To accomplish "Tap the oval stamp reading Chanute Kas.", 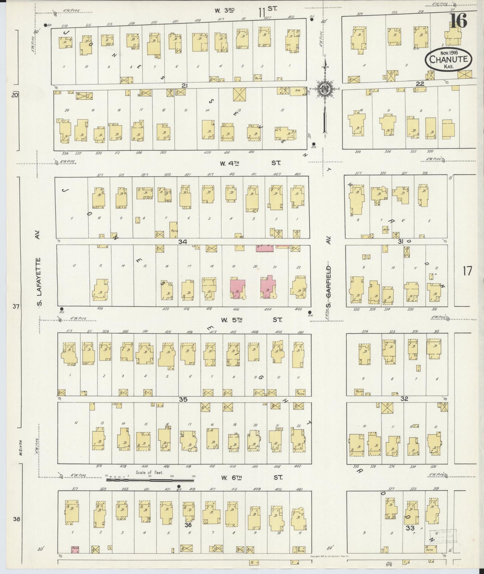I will (x=449, y=60).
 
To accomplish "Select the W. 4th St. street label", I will (x=250, y=163).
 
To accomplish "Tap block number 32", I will (x=404, y=399).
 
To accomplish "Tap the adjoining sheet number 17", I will (x=467, y=271).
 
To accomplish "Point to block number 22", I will (x=420, y=84).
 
